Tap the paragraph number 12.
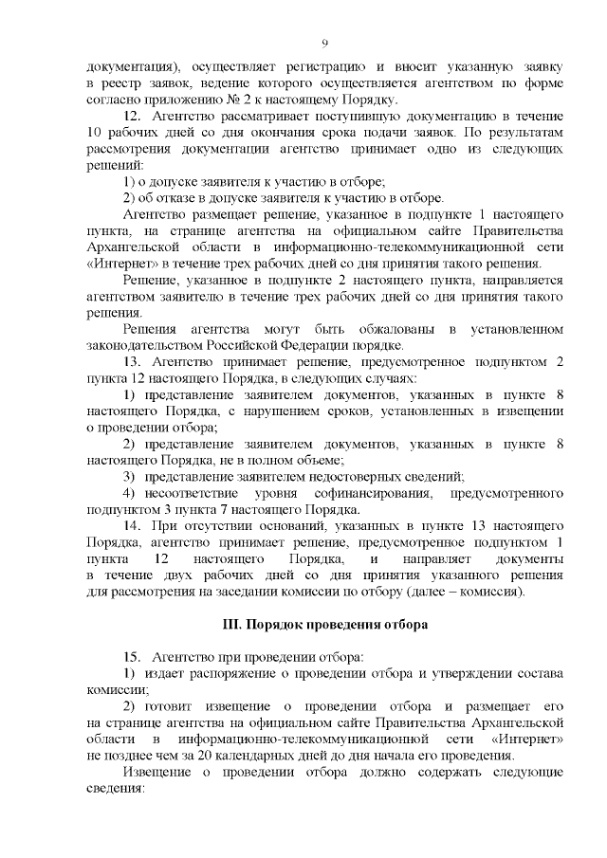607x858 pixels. point(134,115)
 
